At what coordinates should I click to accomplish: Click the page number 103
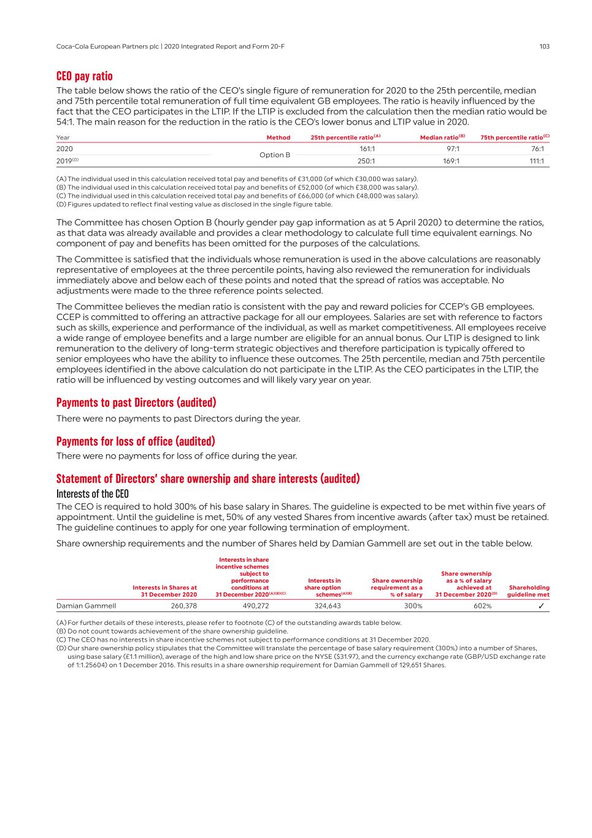click(544, 47)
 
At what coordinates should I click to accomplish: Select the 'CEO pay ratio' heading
click(85, 76)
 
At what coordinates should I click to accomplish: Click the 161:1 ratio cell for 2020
click(367, 149)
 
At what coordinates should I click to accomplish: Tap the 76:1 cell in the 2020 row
click(538, 149)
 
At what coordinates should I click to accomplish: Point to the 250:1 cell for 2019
click(366, 161)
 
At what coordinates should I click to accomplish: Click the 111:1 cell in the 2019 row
click(537, 161)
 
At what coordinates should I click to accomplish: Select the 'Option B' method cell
click(275, 155)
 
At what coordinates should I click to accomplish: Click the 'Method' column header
click(279, 138)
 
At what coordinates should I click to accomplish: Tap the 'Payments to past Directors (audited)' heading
click(136, 403)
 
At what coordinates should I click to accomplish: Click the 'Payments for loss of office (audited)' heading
click(136, 441)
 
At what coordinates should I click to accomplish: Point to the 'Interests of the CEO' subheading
click(93, 494)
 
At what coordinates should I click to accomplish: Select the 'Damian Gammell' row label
click(86, 606)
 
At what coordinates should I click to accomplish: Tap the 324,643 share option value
click(328, 606)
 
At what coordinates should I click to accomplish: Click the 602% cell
click(482, 606)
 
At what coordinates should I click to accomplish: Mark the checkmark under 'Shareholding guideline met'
click(541, 606)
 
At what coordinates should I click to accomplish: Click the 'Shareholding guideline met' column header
click(529, 591)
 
